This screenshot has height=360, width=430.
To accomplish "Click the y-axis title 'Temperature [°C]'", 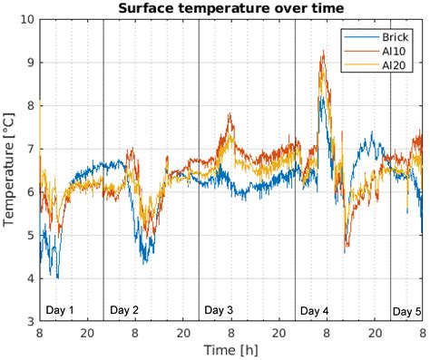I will pos(10,170).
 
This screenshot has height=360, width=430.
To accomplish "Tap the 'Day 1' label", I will pos(60,310).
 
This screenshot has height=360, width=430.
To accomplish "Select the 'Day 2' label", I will pos(124,310).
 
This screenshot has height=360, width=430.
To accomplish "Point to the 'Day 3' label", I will pos(219,310).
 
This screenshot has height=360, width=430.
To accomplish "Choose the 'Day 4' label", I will pos(314,311).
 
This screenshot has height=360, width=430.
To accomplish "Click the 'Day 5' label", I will pos(406,311).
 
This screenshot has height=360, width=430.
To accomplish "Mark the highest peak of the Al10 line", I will pos(323,52).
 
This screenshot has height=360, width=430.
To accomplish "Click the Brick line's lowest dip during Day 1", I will pos(57,277).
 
